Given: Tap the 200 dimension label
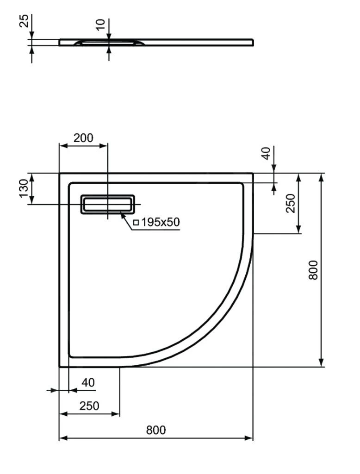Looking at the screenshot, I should coord(83,137).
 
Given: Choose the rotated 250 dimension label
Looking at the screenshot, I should coord(290,203).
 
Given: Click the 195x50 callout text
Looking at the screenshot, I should coord(160,222).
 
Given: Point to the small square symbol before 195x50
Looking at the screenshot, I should coord(136,223).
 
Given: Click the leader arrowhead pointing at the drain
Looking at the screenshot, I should coord(123,213).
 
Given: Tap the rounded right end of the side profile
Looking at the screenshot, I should coord(252,42).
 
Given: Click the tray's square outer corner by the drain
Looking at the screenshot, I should coord(60,174).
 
